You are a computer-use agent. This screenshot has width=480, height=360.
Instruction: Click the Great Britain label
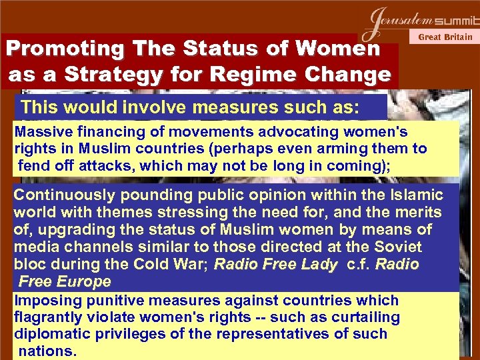(445, 37)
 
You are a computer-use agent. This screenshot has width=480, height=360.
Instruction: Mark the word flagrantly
(47, 317)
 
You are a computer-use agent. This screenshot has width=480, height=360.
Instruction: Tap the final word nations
(47, 350)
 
